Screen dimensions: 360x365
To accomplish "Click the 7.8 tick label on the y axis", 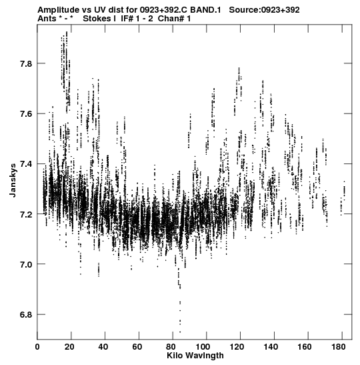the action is [x=25, y=63].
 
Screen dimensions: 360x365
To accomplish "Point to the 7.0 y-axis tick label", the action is [x=25, y=264].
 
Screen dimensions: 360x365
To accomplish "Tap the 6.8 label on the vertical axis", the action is [x=25, y=315].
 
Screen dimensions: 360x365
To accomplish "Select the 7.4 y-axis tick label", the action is [x=25, y=164].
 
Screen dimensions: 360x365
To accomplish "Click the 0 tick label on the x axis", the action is [x=37, y=347].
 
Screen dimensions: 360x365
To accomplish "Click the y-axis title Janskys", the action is [x=13, y=180].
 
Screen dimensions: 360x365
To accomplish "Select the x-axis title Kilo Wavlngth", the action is [x=195, y=356].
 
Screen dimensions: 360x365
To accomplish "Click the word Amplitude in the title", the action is [x=58, y=10].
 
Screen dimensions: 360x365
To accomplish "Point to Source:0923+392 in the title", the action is [x=264, y=10].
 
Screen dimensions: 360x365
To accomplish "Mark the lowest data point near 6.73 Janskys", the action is [x=180, y=332].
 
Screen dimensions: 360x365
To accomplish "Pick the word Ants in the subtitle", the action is [x=47, y=19].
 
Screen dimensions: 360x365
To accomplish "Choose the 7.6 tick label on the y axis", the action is [x=25, y=114].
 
